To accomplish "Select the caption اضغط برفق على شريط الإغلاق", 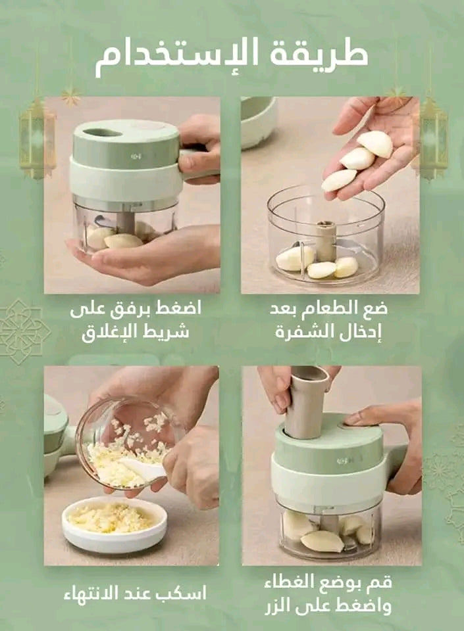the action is coord(136,321).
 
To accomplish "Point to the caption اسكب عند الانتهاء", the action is coord(135,593).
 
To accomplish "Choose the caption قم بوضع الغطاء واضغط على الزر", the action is coord(328,594).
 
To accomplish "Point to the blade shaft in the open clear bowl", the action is coord(326,239).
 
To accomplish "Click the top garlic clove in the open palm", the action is coord(375,143).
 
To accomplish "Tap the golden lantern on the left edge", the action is coord(37,137).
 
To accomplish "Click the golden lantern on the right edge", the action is coord(433,137).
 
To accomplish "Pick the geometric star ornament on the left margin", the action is coord(23,331).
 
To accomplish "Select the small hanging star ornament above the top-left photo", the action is coord(71,96).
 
